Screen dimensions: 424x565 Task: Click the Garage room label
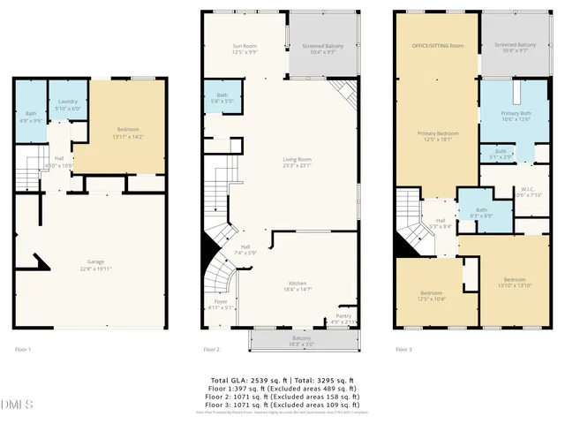[x=98, y=264]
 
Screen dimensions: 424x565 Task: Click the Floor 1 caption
[x=23, y=350]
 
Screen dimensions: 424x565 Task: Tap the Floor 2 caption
[x=212, y=350]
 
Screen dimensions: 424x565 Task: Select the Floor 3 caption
[x=403, y=350]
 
